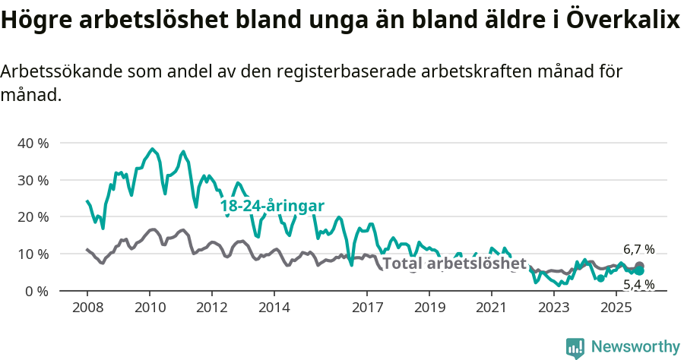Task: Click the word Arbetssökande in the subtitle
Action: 61,72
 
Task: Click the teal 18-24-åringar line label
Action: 272,206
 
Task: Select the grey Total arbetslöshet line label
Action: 454,264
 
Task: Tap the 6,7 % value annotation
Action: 638,249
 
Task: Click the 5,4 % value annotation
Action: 638,284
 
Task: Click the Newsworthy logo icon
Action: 575,347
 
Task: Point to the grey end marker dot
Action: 639,267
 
